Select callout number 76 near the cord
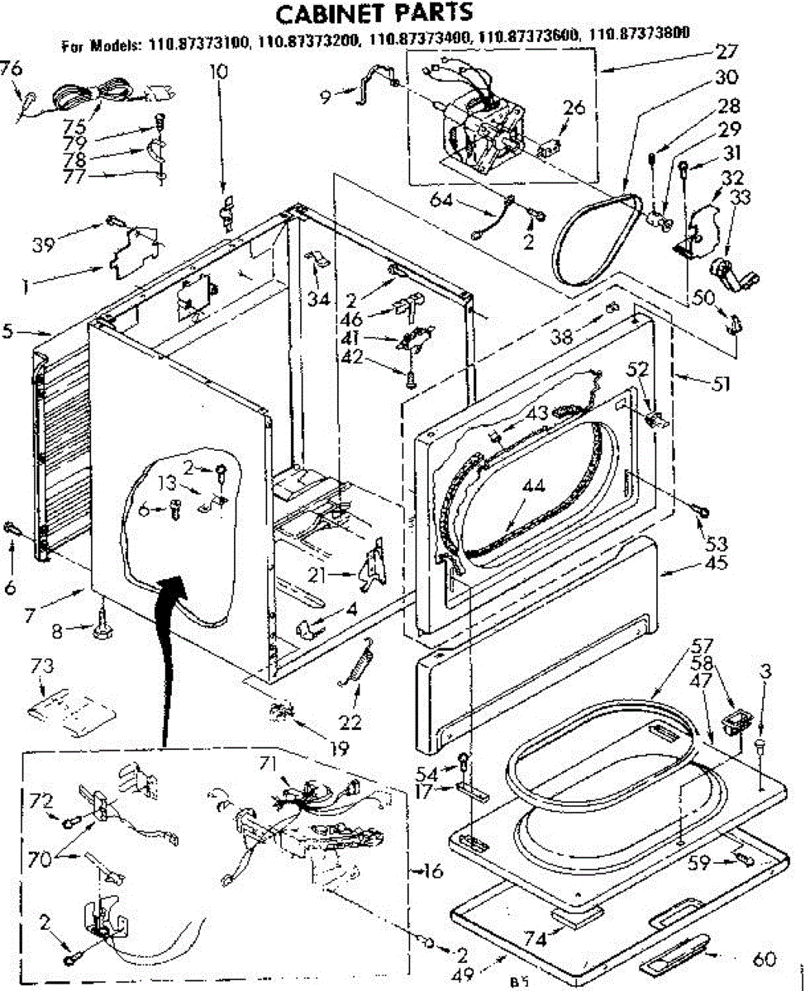click(11, 69)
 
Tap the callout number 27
click(726, 51)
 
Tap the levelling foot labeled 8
click(102, 632)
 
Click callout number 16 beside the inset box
click(432, 870)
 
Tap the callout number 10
click(218, 71)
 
